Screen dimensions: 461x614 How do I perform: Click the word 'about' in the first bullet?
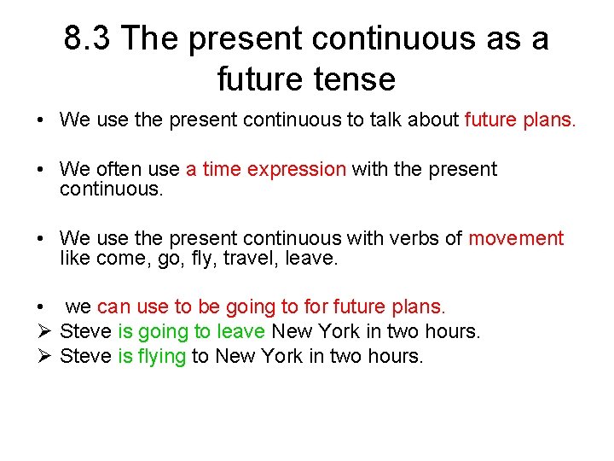point(434,120)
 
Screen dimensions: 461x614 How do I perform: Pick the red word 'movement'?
point(516,238)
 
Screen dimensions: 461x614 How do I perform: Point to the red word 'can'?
point(113,306)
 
